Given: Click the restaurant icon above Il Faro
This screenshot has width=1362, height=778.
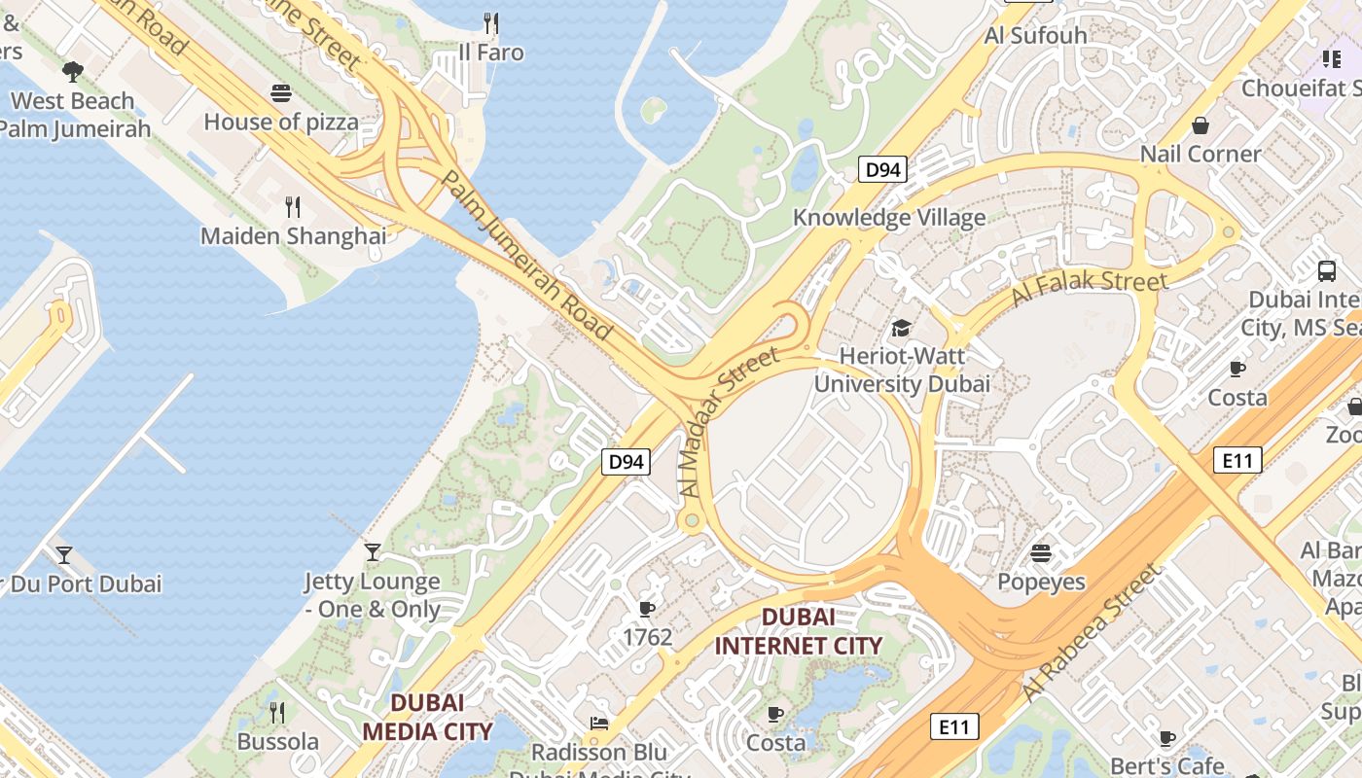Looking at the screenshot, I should tap(491, 22).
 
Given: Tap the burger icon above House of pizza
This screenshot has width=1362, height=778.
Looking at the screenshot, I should tap(281, 93).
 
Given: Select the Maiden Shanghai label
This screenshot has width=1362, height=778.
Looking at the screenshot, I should tap(293, 236).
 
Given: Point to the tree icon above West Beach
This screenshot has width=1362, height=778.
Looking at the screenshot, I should tap(72, 71).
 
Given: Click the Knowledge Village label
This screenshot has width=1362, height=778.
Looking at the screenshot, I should tap(889, 217).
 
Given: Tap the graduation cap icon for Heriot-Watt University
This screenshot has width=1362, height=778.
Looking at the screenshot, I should tap(902, 328).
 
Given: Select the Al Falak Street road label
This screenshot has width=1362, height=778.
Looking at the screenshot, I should tap(1090, 288).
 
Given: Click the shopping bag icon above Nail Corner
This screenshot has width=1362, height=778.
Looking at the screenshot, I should tap(1201, 125).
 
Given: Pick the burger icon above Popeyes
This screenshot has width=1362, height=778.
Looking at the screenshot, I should tap(1041, 553).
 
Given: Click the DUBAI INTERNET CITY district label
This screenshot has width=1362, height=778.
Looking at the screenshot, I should tap(799, 631).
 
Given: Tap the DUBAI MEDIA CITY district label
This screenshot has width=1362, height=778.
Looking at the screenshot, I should tap(427, 717).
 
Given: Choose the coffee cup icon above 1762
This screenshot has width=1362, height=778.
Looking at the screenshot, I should tap(647, 609).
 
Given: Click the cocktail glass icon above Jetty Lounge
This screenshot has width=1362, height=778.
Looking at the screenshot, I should tap(373, 552).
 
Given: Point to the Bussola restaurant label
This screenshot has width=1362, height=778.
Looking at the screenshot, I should tap(277, 742).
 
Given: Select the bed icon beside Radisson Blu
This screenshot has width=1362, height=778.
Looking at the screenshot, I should tap(599, 724).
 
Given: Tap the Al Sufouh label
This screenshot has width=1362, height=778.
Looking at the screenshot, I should tap(1036, 35).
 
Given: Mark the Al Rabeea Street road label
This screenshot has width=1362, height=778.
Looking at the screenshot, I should tap(1093, 633).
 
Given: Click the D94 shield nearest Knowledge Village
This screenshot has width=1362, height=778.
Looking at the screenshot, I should tap(882, 170).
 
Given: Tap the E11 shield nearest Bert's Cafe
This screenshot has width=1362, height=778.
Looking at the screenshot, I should tap(953, 725).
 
